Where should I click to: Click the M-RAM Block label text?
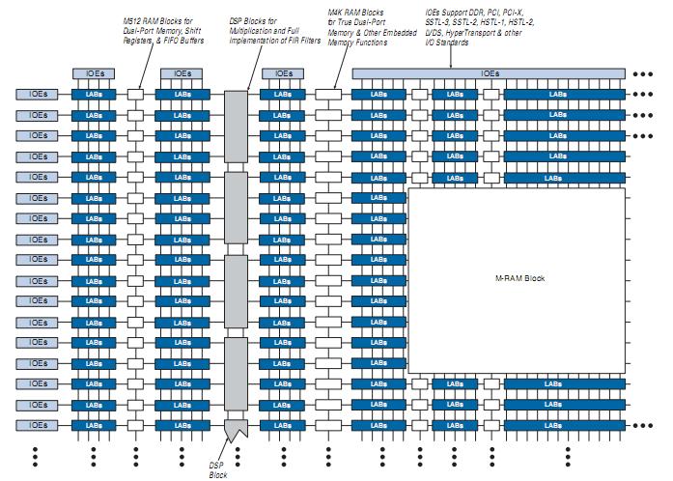point(521,279)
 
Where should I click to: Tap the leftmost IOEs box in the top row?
point(94,73)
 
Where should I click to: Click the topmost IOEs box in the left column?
point(38,95)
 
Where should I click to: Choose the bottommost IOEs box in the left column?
point(38,425)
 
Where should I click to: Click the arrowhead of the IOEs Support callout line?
point(450,66)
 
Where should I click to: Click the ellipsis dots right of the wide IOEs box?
point(644,73)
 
